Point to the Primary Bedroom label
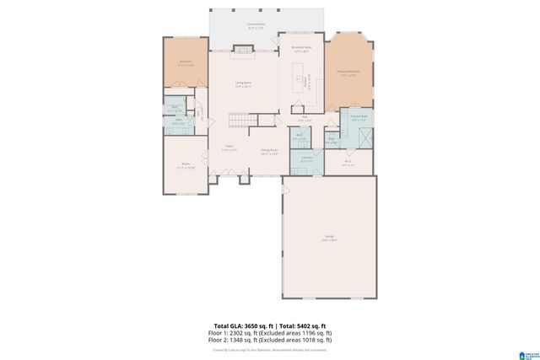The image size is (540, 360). click(349, 73)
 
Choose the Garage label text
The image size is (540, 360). click(328, 239)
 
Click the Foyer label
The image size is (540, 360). click(229, 148)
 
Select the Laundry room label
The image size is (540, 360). click(301, 159)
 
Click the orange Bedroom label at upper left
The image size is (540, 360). click(186, 64)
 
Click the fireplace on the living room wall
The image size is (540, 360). click(244, 51)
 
